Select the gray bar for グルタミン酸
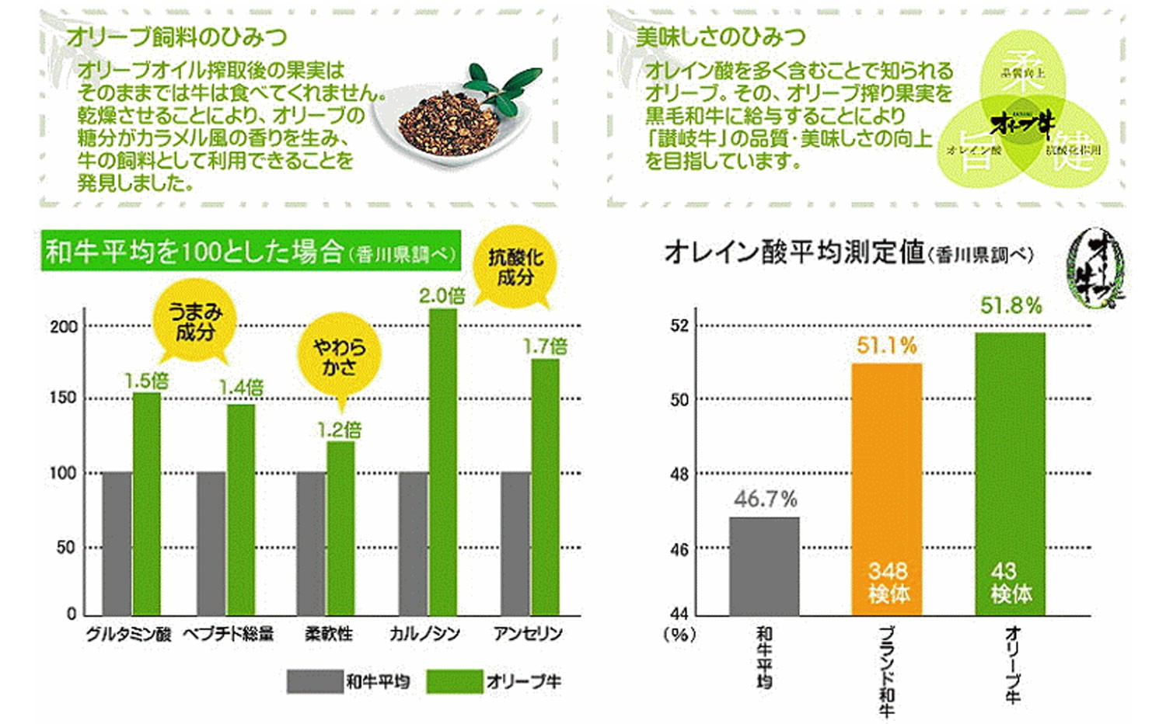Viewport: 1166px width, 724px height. (x=117, y=543)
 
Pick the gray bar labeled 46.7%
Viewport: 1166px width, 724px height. (x=764, y=566)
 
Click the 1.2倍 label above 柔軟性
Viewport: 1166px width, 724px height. (x=340, y=430)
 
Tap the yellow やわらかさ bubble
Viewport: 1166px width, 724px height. (x=340, y=357)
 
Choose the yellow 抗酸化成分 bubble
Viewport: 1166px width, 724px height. (x=515, y=267)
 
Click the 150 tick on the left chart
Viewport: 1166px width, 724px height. (x=63, y=399)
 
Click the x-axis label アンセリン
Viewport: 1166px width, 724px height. (x=528, y=634)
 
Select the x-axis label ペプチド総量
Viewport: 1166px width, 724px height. (x=229, y=634)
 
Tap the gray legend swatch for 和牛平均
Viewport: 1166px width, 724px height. (x=313, y=681)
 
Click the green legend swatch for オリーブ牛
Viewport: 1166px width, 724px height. (x=454, y=681)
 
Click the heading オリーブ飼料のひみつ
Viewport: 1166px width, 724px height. (x=176, y=37)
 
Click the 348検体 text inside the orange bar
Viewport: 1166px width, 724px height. (x=888, y=583)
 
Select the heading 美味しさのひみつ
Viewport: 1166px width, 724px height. (x=721, y=37)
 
